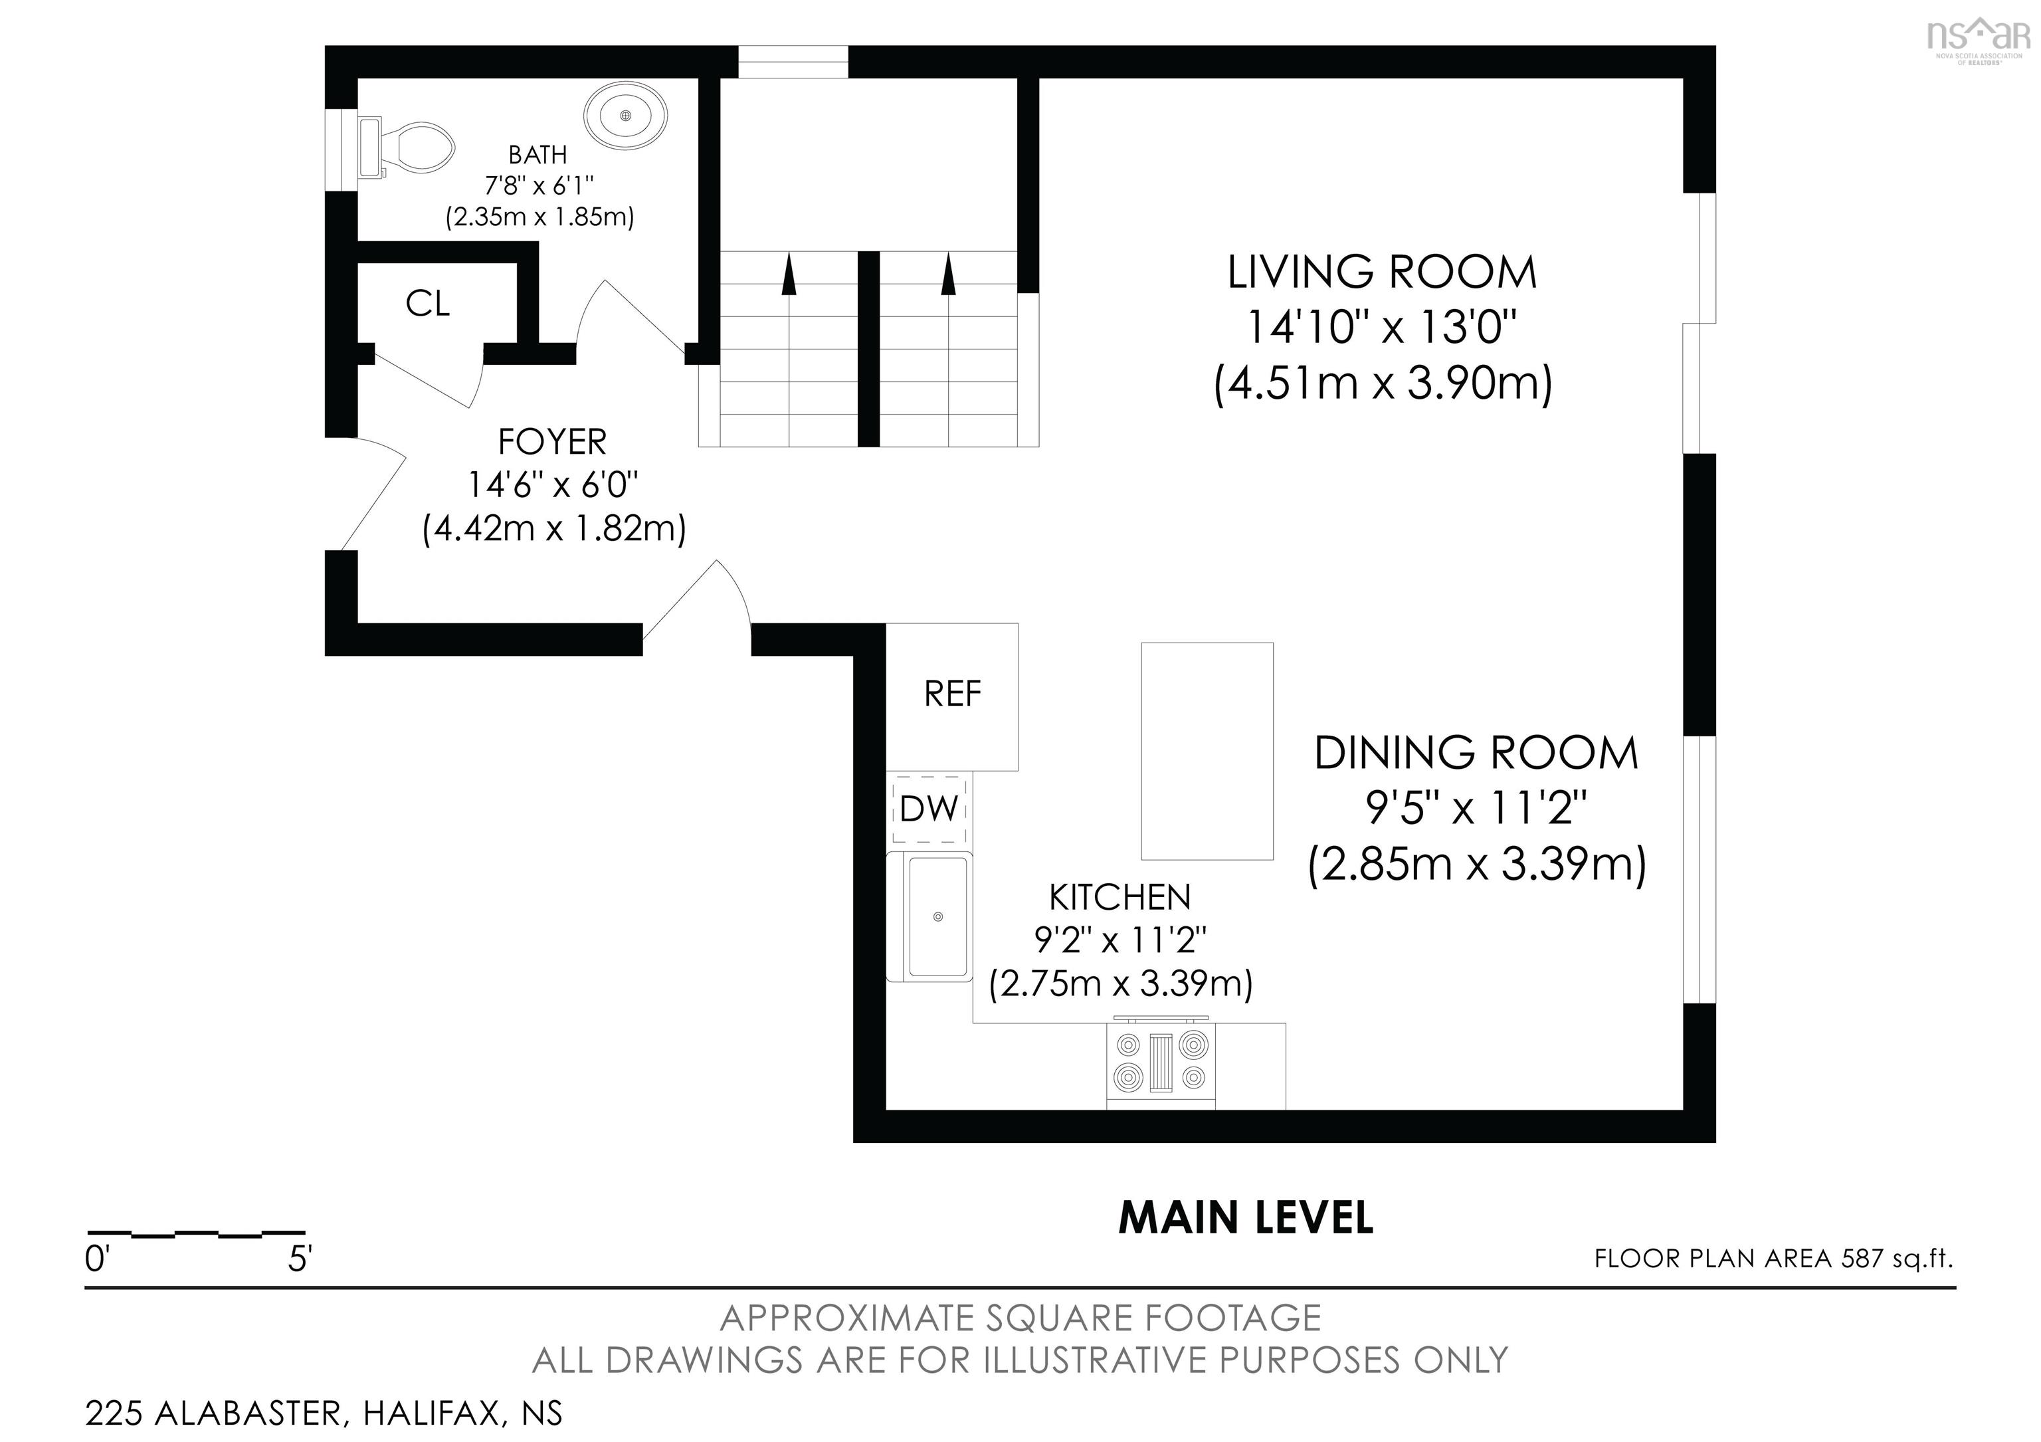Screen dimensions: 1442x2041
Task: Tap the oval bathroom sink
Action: click(626, 116)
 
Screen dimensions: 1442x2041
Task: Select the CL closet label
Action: click(428, 304)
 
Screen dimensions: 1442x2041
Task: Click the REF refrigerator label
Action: click(952, 694)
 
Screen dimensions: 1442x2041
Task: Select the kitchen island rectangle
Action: click(1207, 751)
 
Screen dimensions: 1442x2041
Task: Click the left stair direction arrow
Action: click(787, 274)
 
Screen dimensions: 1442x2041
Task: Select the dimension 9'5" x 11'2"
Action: click(1476, 808)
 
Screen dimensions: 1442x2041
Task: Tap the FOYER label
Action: click(552, 442)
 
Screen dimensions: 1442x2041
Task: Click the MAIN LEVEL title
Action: click(1246, 1218)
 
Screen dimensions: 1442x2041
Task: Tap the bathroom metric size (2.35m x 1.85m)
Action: click(539, 217)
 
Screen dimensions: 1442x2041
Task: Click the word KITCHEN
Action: click(1120, 898)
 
